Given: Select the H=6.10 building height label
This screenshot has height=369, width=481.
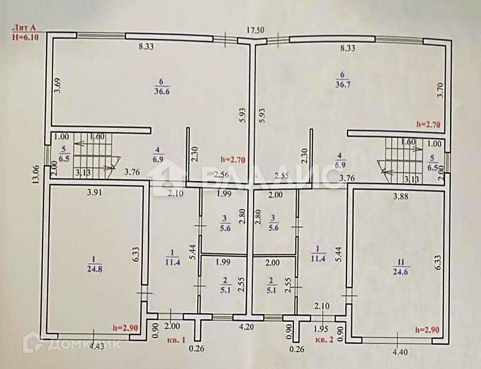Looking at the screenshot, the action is (x=26, y=37).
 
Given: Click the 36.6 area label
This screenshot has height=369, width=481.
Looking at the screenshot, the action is (x=162, y=91).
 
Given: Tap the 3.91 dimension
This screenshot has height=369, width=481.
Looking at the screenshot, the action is (x=96, y=192).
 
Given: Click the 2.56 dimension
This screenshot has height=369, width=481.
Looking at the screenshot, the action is (x=221, y=175).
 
